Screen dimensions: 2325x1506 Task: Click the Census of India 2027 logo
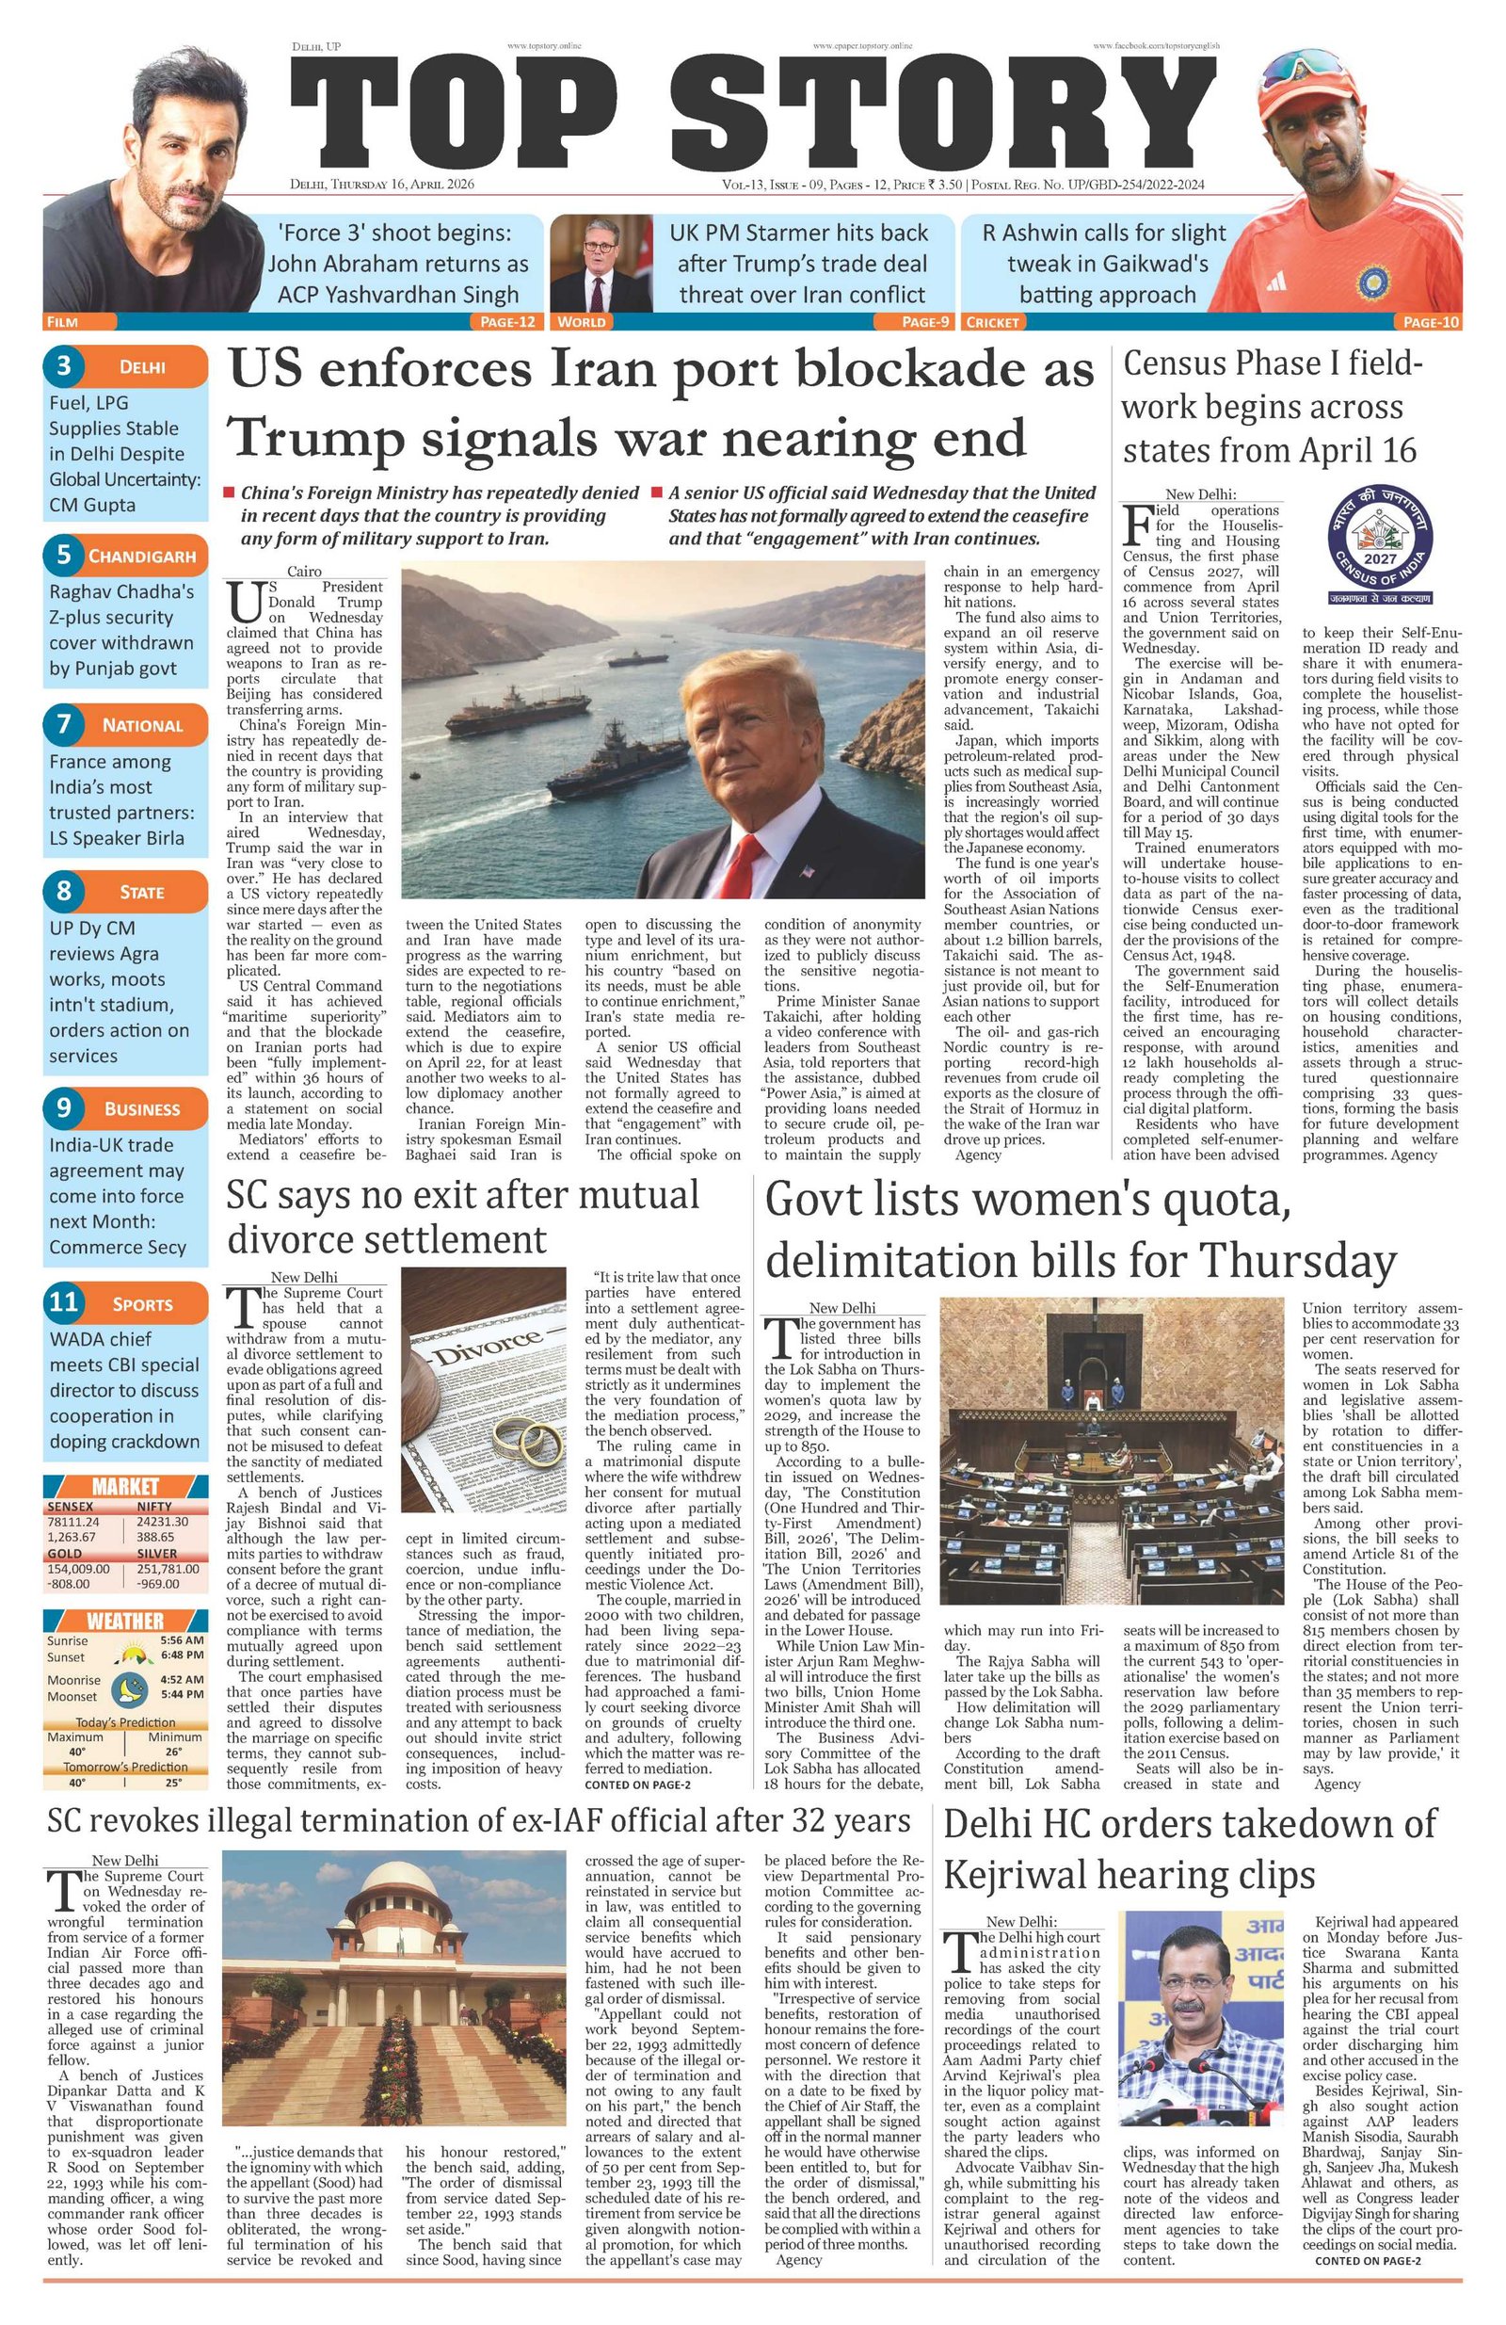tap(1379, 549)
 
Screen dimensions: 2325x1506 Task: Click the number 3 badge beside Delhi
tap(64, 366)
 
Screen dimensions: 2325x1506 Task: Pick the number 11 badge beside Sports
tap(64, 1302)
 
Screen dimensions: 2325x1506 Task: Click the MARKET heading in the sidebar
tap(125, 1486)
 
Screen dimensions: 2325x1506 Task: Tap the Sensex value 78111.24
tap(73, 1521)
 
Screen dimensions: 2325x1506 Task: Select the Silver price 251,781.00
tap(167, 1568)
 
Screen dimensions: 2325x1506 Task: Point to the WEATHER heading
tap(125, 1621)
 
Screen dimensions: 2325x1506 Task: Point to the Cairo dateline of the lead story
tap(304, 571)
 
